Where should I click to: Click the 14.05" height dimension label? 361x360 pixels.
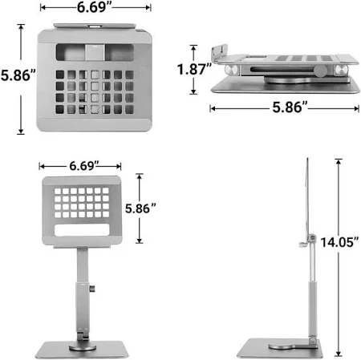(339, 242)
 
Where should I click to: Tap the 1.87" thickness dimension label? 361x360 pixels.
(194, 69)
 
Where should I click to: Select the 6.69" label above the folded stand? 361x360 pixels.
(94, 7)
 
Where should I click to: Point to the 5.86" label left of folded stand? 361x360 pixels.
(18, 75)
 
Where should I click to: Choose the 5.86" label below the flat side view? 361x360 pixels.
(290, 107)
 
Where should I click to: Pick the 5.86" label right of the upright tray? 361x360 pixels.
(140, 208)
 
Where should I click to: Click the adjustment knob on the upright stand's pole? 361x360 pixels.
(92, 289)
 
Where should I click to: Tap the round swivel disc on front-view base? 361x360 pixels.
(83, 347)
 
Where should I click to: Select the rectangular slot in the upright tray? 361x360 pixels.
(82, 230)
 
